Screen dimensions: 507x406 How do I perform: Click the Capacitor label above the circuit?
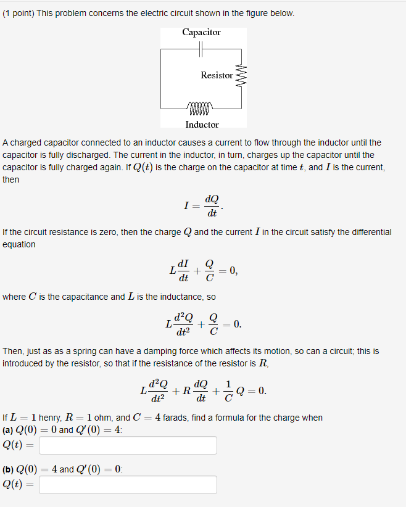pyautogui.click(x=201, y=32)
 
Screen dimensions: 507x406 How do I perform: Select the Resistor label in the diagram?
pyautogui.click(x=217, y=75)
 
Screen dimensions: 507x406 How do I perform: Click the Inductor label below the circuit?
pyautogui.click(x=202, y=125)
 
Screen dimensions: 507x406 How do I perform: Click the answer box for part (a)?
pyautogui.click(x=128, y=445)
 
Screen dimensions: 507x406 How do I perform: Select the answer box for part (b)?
pyautogui.click(x=128, y=485)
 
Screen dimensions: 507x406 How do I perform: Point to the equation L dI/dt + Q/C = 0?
pyautogui.click(x=203, y=270)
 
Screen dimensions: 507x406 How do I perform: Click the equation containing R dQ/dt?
pyautogui.click(x=203, y=390)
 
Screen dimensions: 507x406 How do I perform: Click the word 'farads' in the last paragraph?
pyautogui.click(x=175, y=418)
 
